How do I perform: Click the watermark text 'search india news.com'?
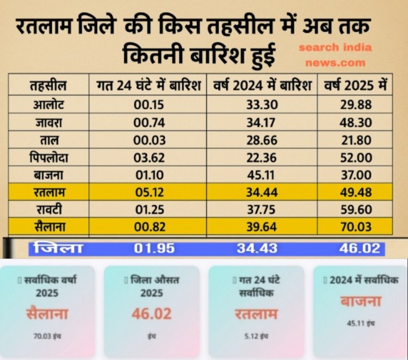[x=335, y=54]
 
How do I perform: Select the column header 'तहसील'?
[x=48, y=85]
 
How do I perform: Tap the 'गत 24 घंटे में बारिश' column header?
[x=148, y=85]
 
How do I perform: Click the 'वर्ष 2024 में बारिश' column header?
[x=262, y=85]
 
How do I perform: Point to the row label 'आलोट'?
[x=48, y=105]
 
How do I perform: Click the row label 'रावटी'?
[x=48, y=210]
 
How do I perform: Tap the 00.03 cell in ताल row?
[x=149, y=140]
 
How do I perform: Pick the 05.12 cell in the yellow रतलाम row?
[x=149, y=193]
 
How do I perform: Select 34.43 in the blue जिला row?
[x=257, y=249]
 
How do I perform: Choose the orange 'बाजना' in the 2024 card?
[x=361, y=301]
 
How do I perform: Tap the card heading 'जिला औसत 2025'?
[x=152, y=285]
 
